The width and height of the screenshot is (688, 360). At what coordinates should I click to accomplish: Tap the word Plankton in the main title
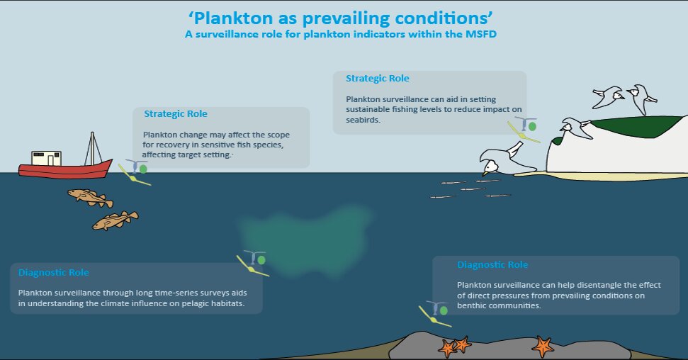[x=233, y=18]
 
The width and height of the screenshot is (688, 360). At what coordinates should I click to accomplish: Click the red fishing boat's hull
[x=65, y=169]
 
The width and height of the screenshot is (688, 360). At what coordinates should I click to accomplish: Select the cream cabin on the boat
[x=45, y=158]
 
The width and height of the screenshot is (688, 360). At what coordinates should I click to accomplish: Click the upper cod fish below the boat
[x=90, y=197]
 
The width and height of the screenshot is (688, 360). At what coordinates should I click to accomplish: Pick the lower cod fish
[x=115, y=220]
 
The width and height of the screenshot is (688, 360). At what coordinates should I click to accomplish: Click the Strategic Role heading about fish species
[x=176, y=113]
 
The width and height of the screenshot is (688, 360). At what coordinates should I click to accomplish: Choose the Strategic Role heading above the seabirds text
[x=378, y=79]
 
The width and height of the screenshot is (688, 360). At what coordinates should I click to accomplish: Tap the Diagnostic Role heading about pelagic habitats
[x=54, y=273]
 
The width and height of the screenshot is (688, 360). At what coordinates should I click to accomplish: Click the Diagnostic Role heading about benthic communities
[x=492, y=265]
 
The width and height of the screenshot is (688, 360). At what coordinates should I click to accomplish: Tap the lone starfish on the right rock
[x=543, y=346]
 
